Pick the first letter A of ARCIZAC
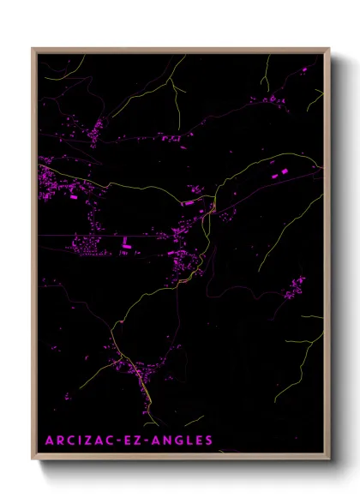(49, 441)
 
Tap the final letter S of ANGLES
(208, 441)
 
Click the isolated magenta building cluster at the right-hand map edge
(295, 285)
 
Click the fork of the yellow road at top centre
(171, 83)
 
